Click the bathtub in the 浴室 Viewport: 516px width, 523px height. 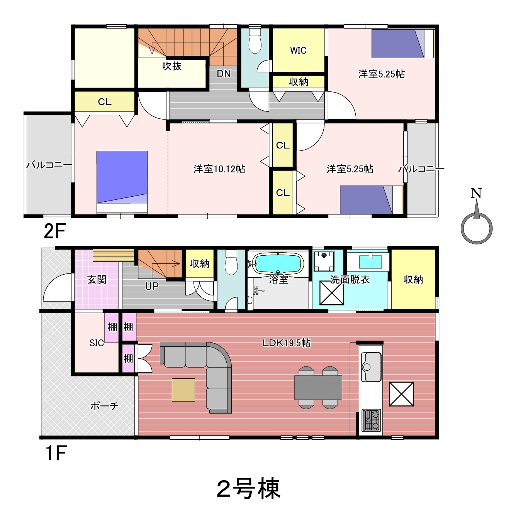click(x=278, y=263)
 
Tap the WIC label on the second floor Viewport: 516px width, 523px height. click(x=298, y=50)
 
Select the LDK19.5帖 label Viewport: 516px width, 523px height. click(x=287, y=343)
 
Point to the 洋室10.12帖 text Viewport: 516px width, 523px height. click(x=219, y=169)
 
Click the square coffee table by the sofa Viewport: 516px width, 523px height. click(x=183, y=390)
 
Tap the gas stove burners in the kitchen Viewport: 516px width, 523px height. click(x=372, y=420)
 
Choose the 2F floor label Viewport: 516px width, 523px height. click(x=55, y=231)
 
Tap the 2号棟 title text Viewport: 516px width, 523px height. click(x=248, y=489)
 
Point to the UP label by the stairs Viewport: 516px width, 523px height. click(x=152, y=286)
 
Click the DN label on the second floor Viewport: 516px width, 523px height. click(x=224, y=74)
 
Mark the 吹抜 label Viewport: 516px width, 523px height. click(x=172, y=66)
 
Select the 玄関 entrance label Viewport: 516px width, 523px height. click(x=97, y=280)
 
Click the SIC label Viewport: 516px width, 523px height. click(x=97, y=343)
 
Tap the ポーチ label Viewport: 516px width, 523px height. click(x=104, y=406)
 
